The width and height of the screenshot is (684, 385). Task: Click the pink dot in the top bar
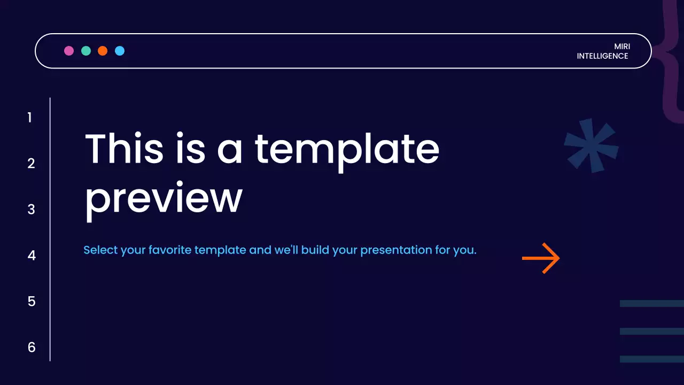tap(69, 51)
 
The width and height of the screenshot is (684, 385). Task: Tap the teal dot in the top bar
tap(86, 51)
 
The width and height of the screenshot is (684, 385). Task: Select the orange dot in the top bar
tap(103, 51)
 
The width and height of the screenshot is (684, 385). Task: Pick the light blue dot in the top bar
tap(120, 51)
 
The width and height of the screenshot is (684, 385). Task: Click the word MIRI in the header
tap(622, 47)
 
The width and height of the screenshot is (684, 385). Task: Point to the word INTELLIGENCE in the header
tap(602, 56)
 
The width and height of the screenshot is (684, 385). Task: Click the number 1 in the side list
tap(30, 118)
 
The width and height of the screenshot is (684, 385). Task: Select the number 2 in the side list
tap(31, 164)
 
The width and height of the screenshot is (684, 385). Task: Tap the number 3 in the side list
tap(31, 210)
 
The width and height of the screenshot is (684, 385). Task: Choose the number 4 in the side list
tap(32, 256)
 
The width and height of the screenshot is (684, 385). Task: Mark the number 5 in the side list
tap(31, 302)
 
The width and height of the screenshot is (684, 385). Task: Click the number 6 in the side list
tap(31, 348)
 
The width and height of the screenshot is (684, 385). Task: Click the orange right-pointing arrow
tap(541, 258)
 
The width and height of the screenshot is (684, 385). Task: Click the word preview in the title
tap(164, 199)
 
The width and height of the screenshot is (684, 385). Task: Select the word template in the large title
tap(346, 149)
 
